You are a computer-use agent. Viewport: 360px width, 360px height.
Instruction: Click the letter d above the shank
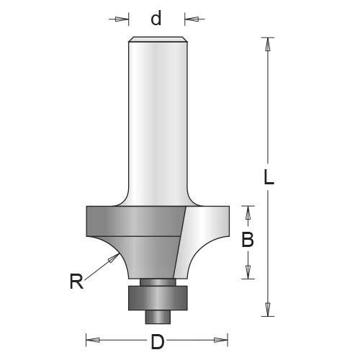click(156, 19)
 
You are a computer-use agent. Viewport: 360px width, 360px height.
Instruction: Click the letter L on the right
click(268, 177)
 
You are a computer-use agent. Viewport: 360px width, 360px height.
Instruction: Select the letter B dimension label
click(247, 241)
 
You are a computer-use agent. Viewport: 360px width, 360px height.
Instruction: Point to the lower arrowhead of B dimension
click(248, 273)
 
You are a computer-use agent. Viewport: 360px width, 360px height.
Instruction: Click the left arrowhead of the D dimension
click(91, 338)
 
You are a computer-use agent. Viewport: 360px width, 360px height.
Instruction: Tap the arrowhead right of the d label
click(189, 19)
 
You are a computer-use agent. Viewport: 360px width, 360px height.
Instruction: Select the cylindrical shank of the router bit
click(156, 122)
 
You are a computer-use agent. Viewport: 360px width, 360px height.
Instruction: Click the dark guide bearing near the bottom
click(156, 297)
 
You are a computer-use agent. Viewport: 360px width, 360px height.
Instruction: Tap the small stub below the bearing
click(156, 315)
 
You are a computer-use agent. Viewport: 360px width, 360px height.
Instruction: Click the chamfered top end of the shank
click(156, 40)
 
